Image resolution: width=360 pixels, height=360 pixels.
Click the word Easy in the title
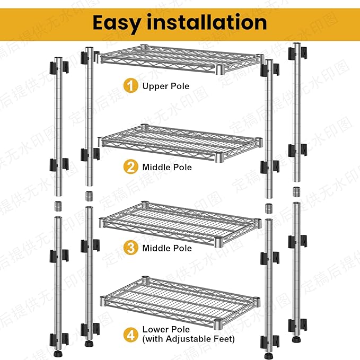click(x=120, y=22)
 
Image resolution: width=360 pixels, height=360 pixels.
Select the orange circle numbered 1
click(x=130, y=85)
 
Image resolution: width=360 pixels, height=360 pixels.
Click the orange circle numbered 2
click(x=130, y=167)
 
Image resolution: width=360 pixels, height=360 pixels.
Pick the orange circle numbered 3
click(x=130, y=248)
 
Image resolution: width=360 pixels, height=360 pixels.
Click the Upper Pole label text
click(x=165, y=86)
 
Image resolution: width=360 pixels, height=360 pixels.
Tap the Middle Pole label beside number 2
click(x=166, y=168)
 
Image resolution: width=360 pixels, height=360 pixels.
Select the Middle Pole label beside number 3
click(x=166, y=248)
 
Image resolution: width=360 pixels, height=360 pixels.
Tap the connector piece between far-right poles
click(x=296, y=191)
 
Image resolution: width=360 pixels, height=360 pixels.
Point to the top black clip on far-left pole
click(x=58, y=68)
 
